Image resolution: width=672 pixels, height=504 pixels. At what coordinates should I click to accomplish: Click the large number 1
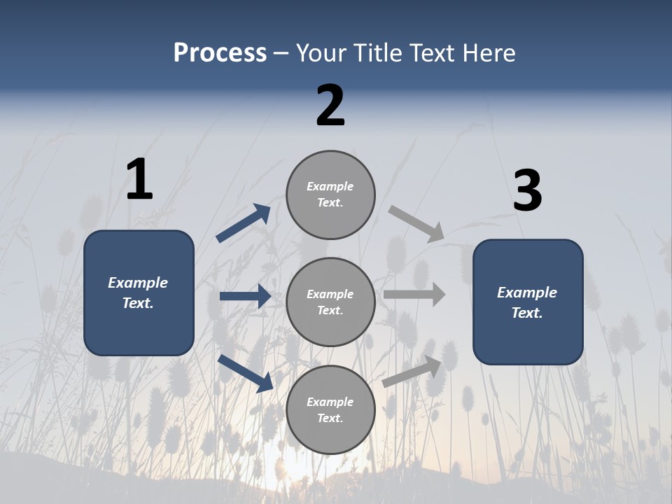point(139,179)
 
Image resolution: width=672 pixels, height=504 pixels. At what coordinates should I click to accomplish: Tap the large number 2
point(330,106)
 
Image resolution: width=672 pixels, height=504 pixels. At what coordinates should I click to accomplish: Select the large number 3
point(527,191)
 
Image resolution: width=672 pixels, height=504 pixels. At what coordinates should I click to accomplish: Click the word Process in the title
point(220,53)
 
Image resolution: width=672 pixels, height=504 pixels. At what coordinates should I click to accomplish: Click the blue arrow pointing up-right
point(243,223)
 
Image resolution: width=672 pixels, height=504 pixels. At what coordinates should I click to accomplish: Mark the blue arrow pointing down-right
point(245,373)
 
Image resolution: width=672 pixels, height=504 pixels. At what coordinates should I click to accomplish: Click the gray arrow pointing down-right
point(416,224)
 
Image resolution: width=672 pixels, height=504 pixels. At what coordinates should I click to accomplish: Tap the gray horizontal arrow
point(414,294)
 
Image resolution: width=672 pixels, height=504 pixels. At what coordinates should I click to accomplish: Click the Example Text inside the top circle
point(330,195)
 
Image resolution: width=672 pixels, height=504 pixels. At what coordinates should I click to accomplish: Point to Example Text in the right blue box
point(527,302)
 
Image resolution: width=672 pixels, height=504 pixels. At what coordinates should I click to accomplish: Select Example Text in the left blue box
point(138,293)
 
